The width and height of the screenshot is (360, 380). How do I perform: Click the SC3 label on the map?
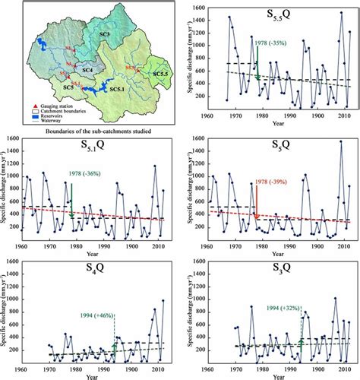tap(105, 36)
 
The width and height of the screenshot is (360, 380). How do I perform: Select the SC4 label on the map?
tap(86, 69)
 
